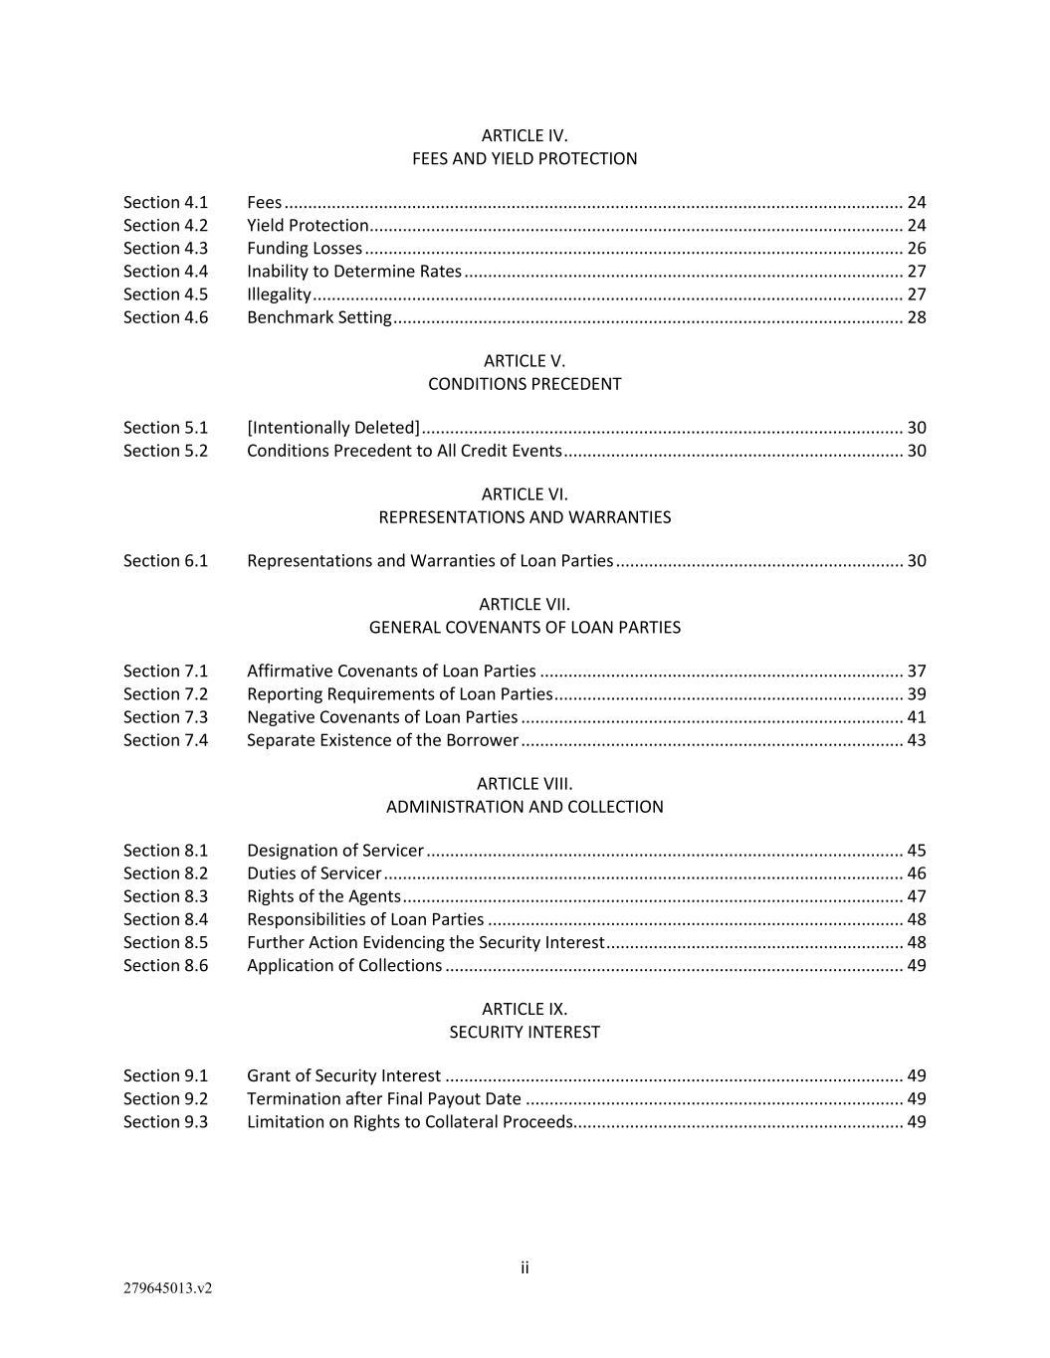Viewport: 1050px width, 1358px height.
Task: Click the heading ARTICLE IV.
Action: click(525, 135)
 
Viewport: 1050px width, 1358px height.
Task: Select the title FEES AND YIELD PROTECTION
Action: click(525, 158)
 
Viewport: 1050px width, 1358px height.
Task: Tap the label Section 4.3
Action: click(165, 248)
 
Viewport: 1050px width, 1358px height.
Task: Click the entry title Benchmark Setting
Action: click(318, 316)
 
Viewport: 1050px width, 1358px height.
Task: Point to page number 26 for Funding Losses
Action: click(916, 248)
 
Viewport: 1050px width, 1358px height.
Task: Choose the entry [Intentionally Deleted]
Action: click(332, 427)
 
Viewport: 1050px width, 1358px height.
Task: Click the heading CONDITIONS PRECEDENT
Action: click(525, 384)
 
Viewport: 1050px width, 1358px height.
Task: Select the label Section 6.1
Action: click(165, 560)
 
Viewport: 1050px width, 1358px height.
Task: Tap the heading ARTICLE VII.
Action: click(525, 604)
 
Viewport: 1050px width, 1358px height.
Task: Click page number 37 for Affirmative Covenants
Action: click(916, 671)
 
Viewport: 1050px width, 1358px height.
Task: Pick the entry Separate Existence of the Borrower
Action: click(382, 739)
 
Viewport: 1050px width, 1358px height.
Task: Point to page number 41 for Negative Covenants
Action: click(916, 716)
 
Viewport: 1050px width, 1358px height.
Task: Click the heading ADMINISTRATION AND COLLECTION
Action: click(525, 807)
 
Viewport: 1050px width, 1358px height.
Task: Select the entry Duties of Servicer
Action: click(314, 873)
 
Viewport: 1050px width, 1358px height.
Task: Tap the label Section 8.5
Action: click(165, 942)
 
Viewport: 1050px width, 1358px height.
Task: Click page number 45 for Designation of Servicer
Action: click(916, 850)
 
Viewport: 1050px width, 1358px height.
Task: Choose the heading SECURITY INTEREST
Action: click(525, 1032)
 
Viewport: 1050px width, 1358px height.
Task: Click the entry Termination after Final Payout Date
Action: click(383, 1098)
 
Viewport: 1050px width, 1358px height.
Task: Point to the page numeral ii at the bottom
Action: click(525, 1267)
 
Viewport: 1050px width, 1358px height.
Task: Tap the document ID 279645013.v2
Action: click(167, 1288)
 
